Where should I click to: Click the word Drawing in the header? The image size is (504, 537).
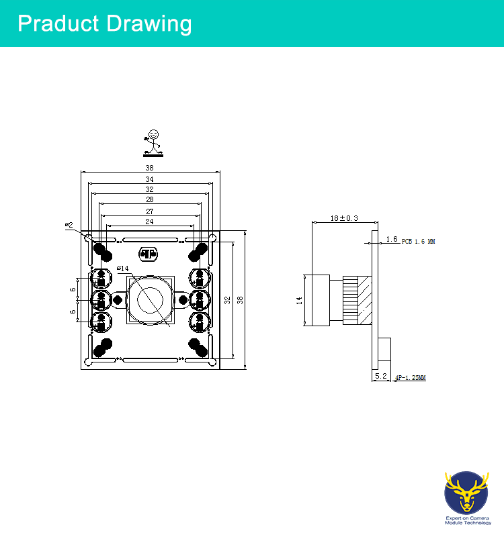[149, 24]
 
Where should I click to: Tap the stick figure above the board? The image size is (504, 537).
[153, 143]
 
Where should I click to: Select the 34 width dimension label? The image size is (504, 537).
[149, 179]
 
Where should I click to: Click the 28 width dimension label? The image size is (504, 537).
[149, 199]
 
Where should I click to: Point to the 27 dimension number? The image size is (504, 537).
[149, 211]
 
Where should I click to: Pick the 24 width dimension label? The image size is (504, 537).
[149, 222]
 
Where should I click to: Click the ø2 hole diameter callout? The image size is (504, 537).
[69, 225]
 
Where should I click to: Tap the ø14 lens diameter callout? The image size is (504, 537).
[123, 268]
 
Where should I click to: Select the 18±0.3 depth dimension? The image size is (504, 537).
[344, 218]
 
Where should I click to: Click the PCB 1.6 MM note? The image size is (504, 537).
[418, 242]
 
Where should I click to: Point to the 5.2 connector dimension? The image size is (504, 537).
[381, 376]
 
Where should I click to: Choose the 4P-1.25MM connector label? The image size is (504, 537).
[411, 378]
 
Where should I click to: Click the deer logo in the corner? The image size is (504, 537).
[466, 493]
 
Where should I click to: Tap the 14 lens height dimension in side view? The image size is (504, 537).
[299, 301]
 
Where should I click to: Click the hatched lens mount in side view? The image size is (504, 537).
[365, 300]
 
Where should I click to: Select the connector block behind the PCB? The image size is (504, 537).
[384, 349]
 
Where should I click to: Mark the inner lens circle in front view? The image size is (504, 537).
[150, 300]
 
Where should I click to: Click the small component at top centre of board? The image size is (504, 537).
[148, 254]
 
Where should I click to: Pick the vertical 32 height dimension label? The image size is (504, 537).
[227, 300]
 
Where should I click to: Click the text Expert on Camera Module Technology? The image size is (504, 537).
[468, 521]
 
